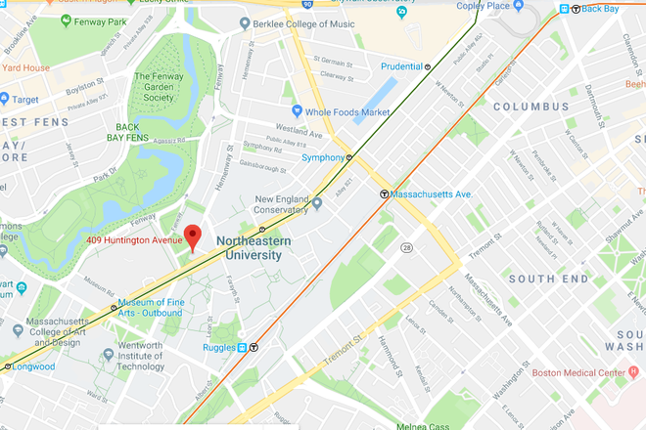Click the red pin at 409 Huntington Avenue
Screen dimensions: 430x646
[194, 236]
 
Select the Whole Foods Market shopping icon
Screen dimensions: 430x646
[297, 112]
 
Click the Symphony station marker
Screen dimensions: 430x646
[349, 157]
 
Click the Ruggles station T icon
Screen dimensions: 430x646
[254, 346]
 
